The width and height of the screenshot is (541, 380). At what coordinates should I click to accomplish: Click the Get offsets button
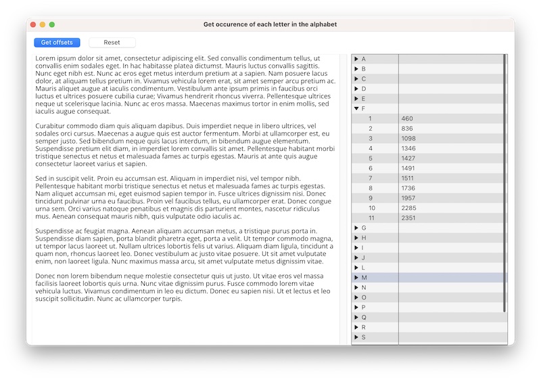pos(57,43)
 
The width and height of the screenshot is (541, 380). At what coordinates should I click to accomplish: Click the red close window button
pos(32,24)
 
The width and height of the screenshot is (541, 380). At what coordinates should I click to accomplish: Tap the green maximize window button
pos(52,24)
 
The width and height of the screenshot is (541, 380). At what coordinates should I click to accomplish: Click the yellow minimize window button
pos(43,24)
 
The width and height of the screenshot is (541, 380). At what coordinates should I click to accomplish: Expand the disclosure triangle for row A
pos(356,59)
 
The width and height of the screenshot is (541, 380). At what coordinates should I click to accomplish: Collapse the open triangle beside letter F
pos(356,108)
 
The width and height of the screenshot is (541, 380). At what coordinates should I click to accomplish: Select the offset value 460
pos(407,119)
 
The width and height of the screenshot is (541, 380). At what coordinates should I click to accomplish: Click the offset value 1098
pos(408,138)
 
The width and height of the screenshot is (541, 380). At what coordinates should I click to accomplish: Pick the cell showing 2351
pos(408,218)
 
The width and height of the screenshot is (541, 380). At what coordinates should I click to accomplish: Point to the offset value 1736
pos(408,188)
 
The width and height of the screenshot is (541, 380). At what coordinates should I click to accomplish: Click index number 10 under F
pos(371,208)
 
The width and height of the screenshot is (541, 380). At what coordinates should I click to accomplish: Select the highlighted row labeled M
pos(364,278)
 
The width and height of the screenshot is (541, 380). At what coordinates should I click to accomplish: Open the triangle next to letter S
pos(356,337)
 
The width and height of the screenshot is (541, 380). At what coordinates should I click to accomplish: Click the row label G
pos(364,228)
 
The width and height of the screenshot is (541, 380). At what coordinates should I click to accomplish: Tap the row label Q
pos(364,318)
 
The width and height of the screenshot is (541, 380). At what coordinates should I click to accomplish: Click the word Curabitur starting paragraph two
pos(51,126)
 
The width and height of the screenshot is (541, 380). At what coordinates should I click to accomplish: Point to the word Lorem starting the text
pos(45,59)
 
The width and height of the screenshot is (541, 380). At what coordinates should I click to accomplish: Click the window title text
pos(270,24)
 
